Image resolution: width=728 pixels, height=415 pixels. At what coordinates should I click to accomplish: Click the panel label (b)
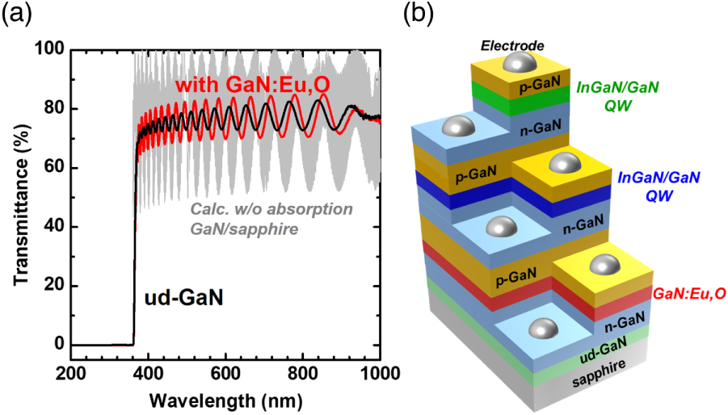point(425,14)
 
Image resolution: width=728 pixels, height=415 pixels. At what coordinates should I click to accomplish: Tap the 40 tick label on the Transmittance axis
point(53,227)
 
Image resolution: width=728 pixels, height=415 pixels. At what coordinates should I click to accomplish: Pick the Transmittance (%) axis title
point(16,198)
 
